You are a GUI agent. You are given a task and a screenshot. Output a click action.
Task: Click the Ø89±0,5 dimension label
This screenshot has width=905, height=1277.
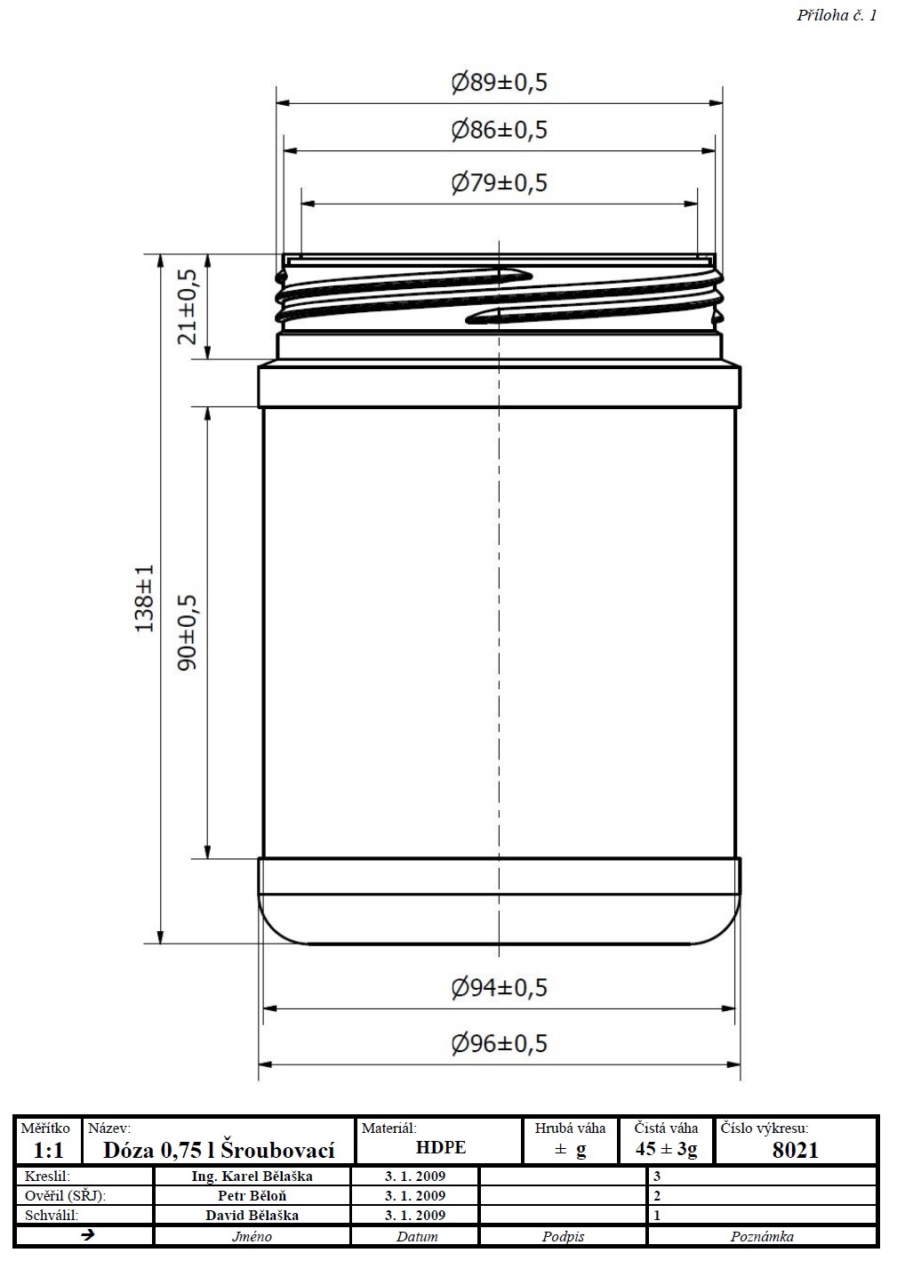[499, 83]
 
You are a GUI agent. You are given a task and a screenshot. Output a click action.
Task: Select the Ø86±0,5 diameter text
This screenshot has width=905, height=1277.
[499, 130]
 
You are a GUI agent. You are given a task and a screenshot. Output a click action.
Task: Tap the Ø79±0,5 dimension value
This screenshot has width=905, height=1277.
[499, 183]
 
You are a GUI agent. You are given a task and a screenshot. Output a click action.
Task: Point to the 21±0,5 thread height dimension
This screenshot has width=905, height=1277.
[188, 307]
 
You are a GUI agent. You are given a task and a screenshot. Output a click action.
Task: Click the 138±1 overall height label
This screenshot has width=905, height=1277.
[144, 598]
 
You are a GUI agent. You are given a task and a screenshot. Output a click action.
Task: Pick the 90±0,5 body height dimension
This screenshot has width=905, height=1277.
[188, 632]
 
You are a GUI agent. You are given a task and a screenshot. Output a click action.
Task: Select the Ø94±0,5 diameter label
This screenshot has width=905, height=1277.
[499, 987]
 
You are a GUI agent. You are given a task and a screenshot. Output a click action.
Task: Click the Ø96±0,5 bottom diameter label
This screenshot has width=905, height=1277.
[499, 1043]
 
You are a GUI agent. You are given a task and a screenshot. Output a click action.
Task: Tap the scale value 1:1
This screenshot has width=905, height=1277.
[48, 1151]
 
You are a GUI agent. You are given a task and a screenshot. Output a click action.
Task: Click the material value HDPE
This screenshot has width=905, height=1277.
[441, 1147]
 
